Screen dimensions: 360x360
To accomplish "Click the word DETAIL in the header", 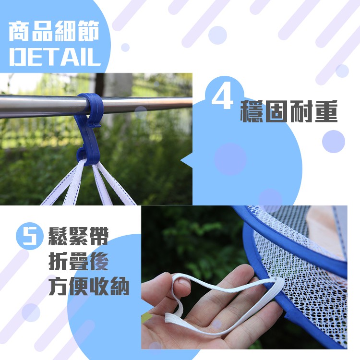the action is point(55,57).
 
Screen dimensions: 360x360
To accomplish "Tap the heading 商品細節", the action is point(54,31).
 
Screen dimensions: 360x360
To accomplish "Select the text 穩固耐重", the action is point(288,111).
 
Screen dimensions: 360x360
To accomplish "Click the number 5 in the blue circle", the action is point(29,236).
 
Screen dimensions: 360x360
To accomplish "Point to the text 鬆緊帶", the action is point(78,236).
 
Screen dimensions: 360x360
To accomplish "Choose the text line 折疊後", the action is point(78,261).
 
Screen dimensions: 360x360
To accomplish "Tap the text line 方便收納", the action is point(89,286).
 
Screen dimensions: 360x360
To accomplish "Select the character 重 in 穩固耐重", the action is point(326,111).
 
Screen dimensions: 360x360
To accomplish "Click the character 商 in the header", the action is point(19,31).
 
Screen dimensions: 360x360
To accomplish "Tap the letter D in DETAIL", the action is point(18,57).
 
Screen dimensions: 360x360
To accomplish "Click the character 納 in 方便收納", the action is point(120,287).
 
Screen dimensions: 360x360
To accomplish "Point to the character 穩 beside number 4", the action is point(251,111).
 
